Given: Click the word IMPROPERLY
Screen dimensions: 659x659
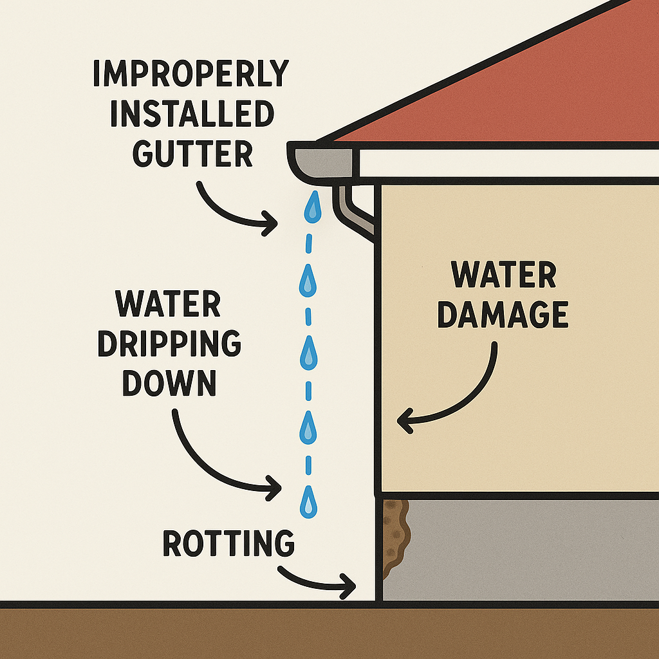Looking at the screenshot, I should pos(190,75).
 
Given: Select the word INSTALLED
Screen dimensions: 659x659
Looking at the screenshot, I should pos(192,115).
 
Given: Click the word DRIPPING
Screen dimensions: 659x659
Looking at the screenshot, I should pos(169,345).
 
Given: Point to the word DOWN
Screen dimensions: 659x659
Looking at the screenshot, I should pos(169,384).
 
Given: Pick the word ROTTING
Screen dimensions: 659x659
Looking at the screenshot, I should pos(228,544).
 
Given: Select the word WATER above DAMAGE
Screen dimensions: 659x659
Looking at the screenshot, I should pos(504,275).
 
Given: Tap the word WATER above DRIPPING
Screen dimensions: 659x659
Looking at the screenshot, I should pos(169,304).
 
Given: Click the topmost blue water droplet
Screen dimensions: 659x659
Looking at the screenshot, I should pos(312,208).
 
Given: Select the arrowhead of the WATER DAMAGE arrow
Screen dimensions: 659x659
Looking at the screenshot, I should pos(402,422).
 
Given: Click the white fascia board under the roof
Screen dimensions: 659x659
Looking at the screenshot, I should pos(502,164).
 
